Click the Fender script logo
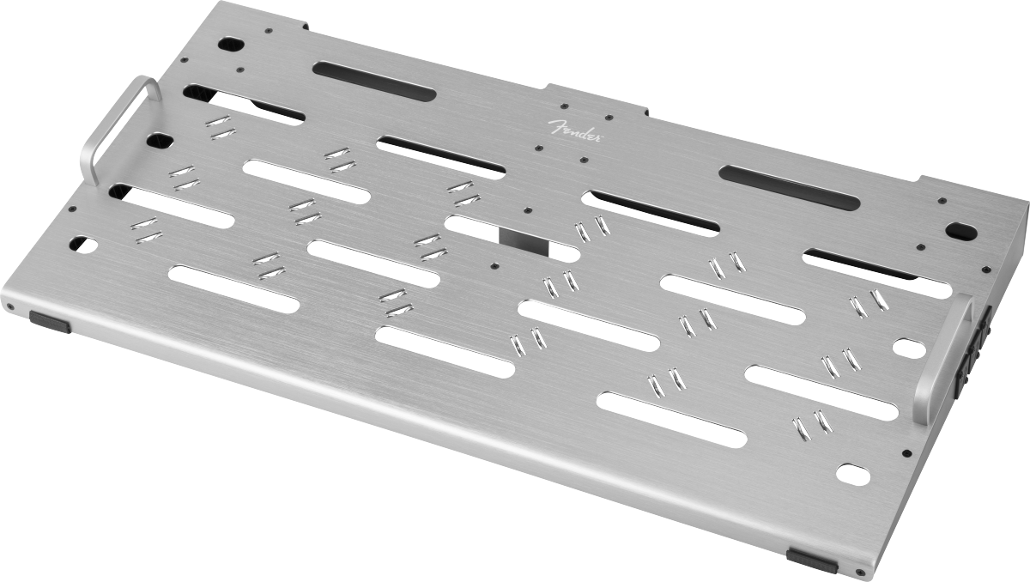576,131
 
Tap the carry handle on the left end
92,152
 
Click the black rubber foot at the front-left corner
50,321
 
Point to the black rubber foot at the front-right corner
812,561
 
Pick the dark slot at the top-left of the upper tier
374,82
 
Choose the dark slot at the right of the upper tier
789,188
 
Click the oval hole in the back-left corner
231,45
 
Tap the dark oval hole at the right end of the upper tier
961,231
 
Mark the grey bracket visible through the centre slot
524,242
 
